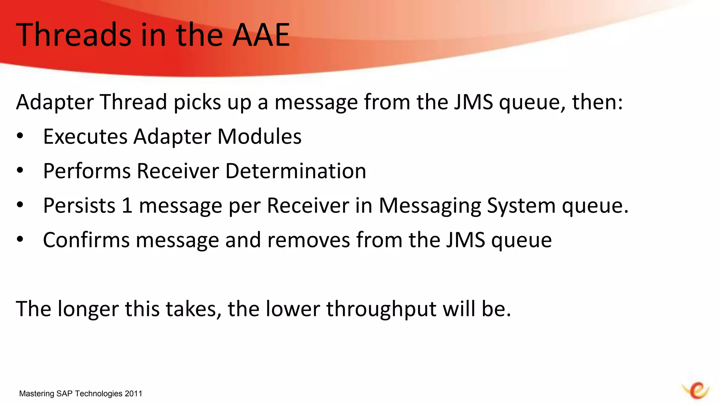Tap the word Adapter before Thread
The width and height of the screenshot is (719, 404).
[x=55, y=102]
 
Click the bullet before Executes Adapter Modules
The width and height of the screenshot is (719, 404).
[x=20, y=136]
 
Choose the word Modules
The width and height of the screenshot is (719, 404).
[x=259, y=136]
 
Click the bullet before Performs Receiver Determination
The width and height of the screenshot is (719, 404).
[x=20, y=170]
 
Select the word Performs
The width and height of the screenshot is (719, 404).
[x=87, y=171]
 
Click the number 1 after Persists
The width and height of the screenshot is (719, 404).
[x=127, y=206]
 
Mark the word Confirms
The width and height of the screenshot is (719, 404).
[x=86, y=240]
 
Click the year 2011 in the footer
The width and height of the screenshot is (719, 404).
[x=133, y=394]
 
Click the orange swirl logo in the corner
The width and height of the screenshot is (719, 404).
[x=696, y=390]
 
